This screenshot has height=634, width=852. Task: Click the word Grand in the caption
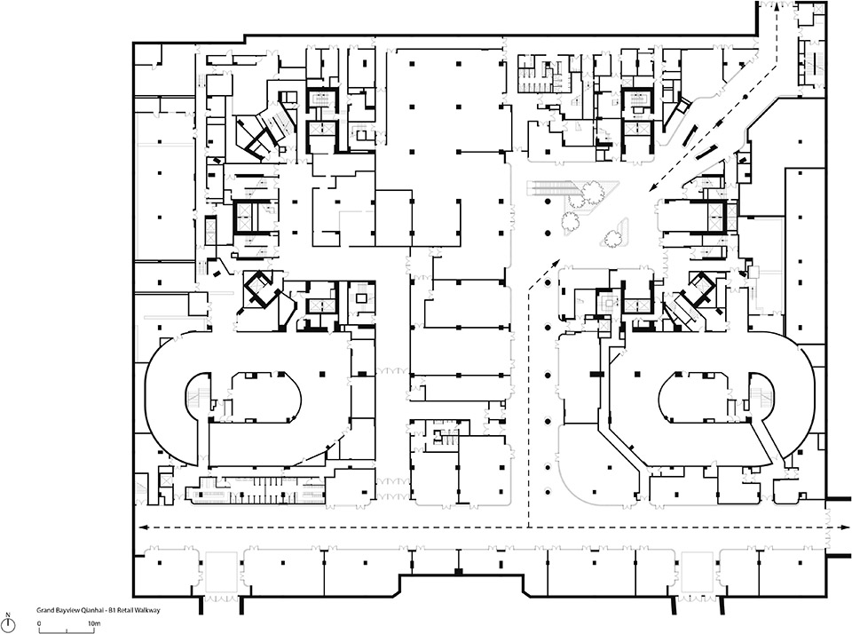point(44,611)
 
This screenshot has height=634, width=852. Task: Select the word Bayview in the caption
point(67,611)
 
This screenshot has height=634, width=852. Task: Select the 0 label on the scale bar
point(40,625)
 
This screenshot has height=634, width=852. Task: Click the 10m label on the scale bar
point(93,625)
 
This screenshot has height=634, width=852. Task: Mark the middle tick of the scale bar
point(67,630)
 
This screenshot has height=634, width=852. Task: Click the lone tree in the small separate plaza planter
point(611,237)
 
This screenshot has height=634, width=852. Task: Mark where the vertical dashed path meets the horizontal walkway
point(530,527)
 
